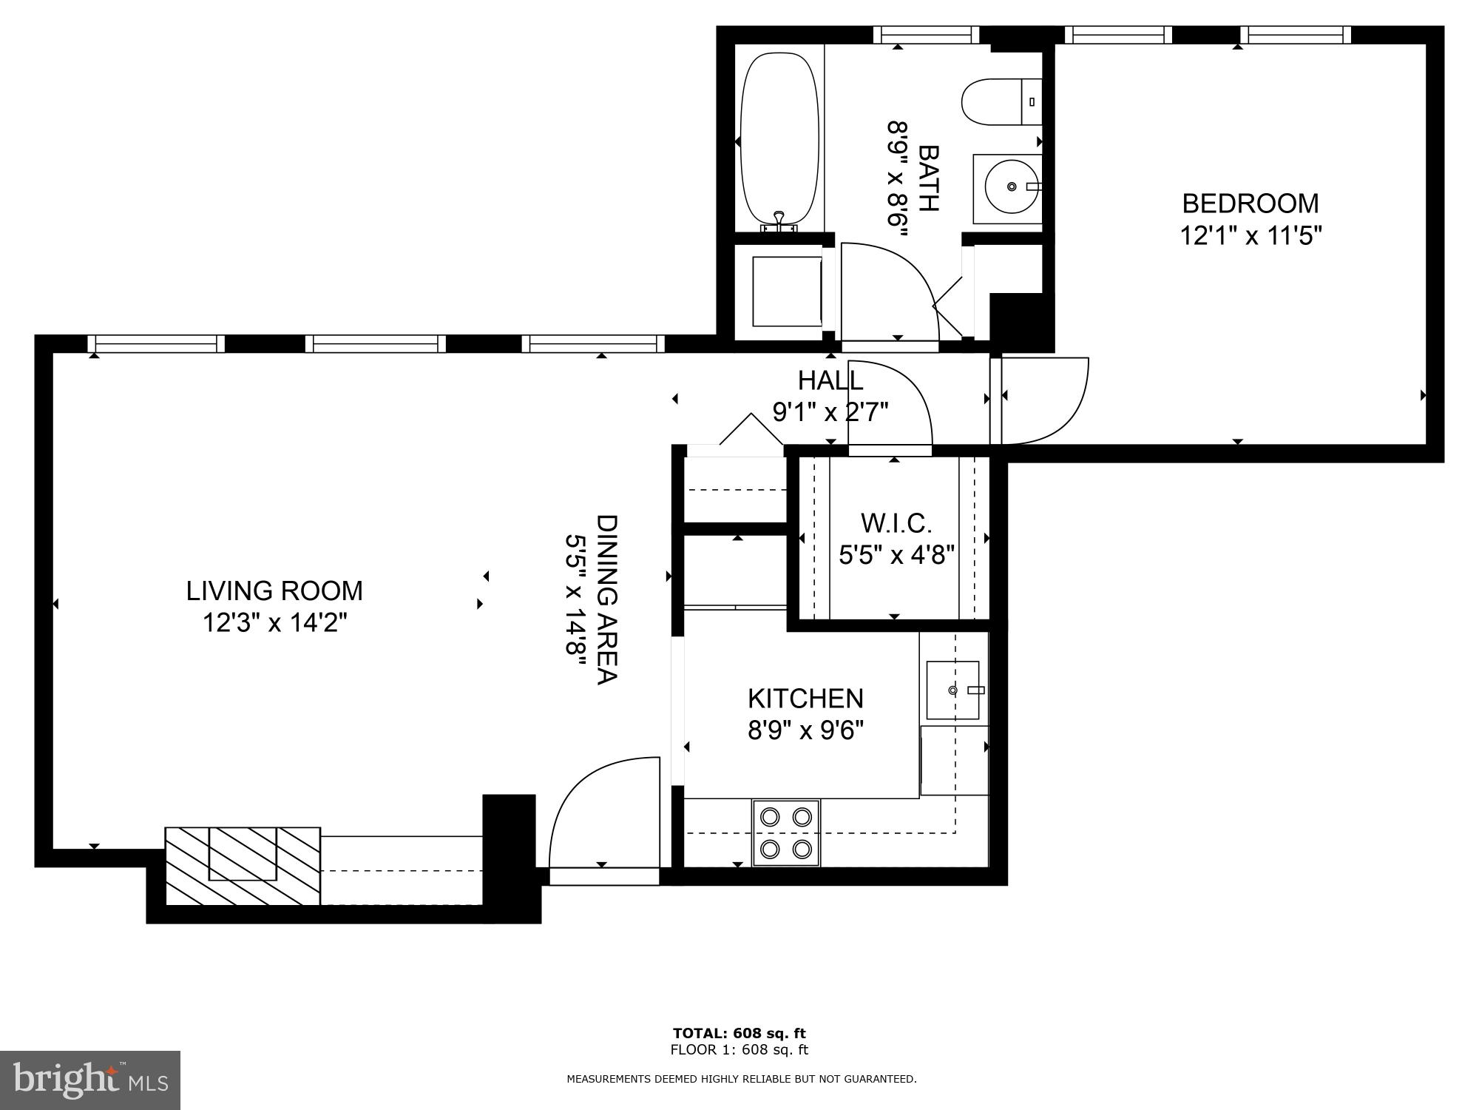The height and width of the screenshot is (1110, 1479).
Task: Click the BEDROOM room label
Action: pyautogui.click(x=1250, y=203)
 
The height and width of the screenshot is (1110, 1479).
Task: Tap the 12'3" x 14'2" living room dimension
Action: pyautogui.click(x=274, y=623)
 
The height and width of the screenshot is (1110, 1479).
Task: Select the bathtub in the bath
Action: pyautogui.click(x=779, y=137)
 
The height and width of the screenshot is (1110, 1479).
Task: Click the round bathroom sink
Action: pyautogui.click(x=1009, y=188)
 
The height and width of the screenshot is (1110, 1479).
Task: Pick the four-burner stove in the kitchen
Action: pyautogui.click(x=786, y=832)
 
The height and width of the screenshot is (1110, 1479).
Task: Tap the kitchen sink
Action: pyautogui.click(x=952, y=690)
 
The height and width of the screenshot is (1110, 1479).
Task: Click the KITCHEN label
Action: pyautogui.click(x=805, y=699)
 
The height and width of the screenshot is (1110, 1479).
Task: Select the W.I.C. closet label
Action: pyautogui.click(x=896, y=524)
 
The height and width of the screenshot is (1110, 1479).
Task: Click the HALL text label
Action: pyautogui.click(x=830, y=380)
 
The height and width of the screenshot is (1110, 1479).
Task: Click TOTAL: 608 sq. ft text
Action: pyautogui.click(x=739, y=1033)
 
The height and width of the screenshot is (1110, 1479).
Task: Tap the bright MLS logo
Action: pyautogui.click(x=90, y=1080)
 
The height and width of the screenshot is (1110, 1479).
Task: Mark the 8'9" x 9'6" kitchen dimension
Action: pyautogui.click(x=805, y=731)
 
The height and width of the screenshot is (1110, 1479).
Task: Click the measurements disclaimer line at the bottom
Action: pyautogui.click(x=741, y=1079)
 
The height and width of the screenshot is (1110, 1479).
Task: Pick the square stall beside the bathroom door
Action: pyautogui.click(x=786, y=291)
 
